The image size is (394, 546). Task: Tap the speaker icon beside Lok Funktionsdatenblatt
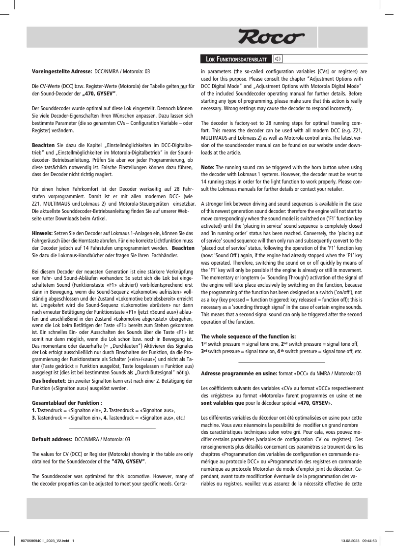[278, 60]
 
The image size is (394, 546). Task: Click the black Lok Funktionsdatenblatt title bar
[235, 60]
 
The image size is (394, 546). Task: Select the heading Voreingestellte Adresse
[62, 71]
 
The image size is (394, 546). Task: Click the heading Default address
[53, 439]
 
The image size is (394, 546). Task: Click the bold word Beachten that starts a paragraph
[43, 146]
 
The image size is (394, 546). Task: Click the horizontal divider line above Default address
[113, 429]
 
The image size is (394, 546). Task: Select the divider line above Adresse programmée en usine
[282, 363]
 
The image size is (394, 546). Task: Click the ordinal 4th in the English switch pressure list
[279, 352]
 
